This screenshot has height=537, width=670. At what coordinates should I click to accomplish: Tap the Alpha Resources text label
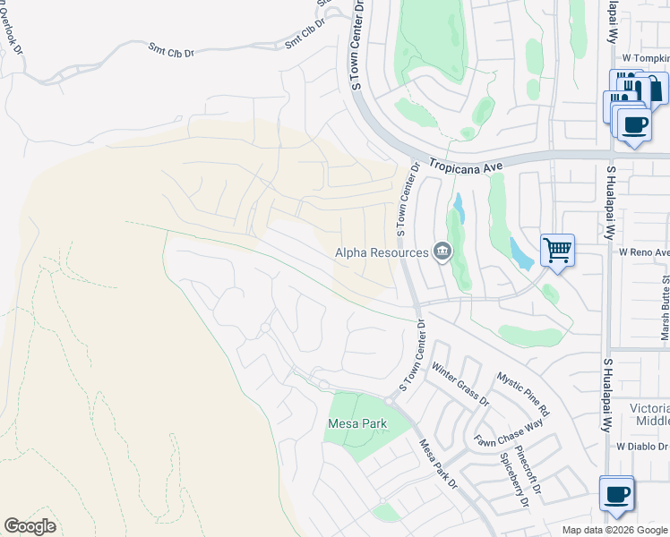pyautogui.click(x=382, y=253)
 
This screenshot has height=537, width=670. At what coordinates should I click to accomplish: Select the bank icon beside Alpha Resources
pyautogui.click(x=442, y=252)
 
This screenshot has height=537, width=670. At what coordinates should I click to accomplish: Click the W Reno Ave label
pyautogui.click(x=644, y=252)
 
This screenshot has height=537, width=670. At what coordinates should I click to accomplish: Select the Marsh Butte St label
pyautogui.click(x=664, y=304)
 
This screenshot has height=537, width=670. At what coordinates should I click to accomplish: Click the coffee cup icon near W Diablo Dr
pyautogui.click(x=616, y=494)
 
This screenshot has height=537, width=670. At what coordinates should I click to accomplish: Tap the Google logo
pyautogui.click(x=30, y=526)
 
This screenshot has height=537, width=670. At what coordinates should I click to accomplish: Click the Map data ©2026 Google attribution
pyautogui.click(x=614, y=530)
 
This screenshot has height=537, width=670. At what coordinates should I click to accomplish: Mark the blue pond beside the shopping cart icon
pyautogui.click(x=522, y=253)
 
